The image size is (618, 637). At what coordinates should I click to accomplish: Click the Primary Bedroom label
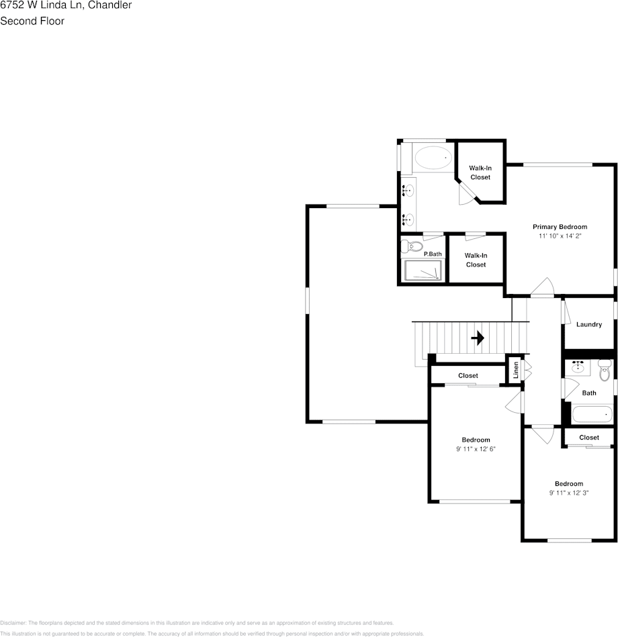coord(560,227)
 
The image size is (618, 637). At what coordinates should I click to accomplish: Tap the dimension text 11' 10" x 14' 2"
coord(560,236)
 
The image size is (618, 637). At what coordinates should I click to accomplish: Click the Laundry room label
coord(589,325)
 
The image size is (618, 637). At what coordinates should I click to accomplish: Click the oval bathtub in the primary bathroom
coord(433,159)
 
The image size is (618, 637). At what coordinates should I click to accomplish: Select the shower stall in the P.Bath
coord(423,270)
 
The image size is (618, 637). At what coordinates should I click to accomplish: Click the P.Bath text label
coord(433,254)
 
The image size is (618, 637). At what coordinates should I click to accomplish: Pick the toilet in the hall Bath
coord(604,370)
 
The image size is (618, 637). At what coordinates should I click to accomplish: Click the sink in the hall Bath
coord(577,367)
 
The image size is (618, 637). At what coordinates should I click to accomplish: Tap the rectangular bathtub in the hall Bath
coord(592,414)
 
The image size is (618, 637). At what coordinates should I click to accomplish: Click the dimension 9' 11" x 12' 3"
coord(568,493)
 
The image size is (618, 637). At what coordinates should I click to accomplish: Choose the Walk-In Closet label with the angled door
coord(480,173)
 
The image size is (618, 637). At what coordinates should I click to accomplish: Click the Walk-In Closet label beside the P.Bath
coord(476,260)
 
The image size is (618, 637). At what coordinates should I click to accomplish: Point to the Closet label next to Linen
coord(468,376)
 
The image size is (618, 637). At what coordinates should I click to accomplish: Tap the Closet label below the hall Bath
coord(589,438)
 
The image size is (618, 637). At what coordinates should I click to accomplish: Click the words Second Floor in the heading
coord(32,21)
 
